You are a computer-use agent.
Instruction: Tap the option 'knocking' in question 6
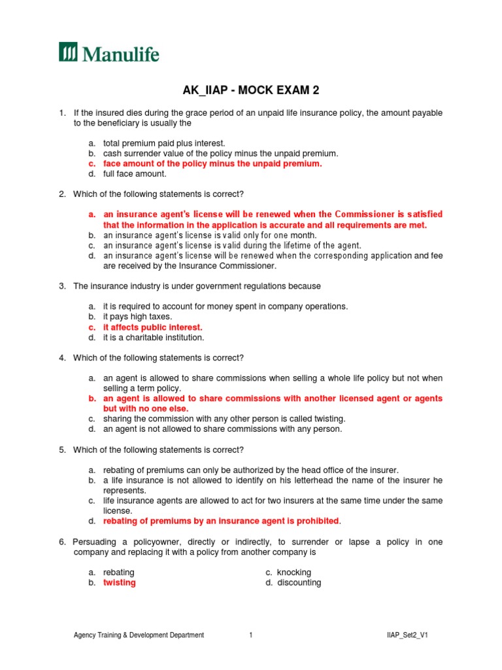point(293,573)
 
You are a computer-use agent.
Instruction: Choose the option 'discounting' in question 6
point(299,583)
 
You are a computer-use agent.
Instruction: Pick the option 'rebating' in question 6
point(119,573)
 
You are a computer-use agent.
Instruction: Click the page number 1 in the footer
point(250,635)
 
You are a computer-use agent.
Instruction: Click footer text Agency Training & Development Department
point(139,635)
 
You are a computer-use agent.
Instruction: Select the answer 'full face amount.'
point(135,174)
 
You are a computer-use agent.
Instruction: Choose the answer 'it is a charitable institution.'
point(154,338)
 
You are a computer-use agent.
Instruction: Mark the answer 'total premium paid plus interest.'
point(164,143)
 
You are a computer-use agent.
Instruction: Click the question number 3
point(62,287)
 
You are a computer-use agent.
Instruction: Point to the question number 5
point(62,450)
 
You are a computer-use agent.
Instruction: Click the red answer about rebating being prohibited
point(221,521)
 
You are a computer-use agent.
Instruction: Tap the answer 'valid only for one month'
point(210,236)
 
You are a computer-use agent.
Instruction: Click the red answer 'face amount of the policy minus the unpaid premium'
point(212,164)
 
